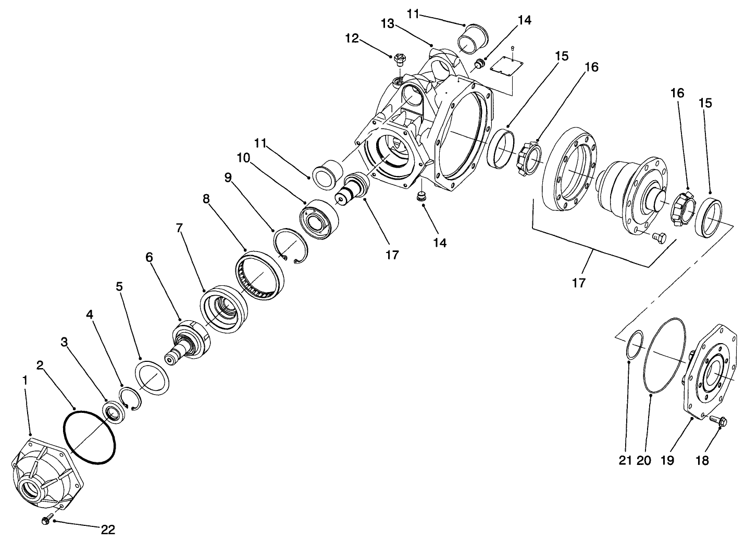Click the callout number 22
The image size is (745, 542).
click(108, 530)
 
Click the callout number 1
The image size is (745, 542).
click(24, 381)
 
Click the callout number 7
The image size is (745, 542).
click(180, 228)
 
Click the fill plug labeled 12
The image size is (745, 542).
click(400, 59)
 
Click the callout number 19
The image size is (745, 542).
click(667, 460)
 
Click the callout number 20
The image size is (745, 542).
click(643, 460)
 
